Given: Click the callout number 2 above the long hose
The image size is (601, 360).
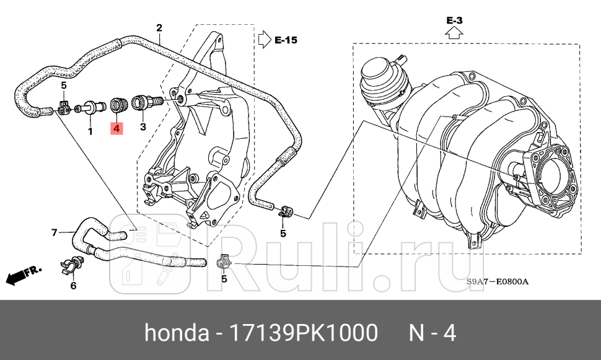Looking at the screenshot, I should (159, 28).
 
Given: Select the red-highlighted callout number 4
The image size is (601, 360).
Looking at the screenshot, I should (116, 129).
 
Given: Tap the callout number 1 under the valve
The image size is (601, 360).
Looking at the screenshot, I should (90, 131).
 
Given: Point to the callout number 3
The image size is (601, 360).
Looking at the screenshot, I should (143, 127).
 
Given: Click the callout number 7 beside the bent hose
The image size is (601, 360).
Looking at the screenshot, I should (54, 233).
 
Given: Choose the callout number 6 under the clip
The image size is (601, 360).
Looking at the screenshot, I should (73, 285).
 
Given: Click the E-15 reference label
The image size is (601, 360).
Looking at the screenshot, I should (286, 40).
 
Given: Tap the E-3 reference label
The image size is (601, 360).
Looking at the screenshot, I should (454, 20).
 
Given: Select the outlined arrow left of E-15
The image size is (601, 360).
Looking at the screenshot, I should (265, 40).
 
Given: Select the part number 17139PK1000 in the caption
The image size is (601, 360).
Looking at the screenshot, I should (304, 333).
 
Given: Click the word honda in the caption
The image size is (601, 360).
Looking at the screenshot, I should (177, 333).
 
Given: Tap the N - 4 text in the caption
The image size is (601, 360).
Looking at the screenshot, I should (432, 333).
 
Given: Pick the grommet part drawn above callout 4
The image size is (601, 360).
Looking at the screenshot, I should (117, 105).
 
